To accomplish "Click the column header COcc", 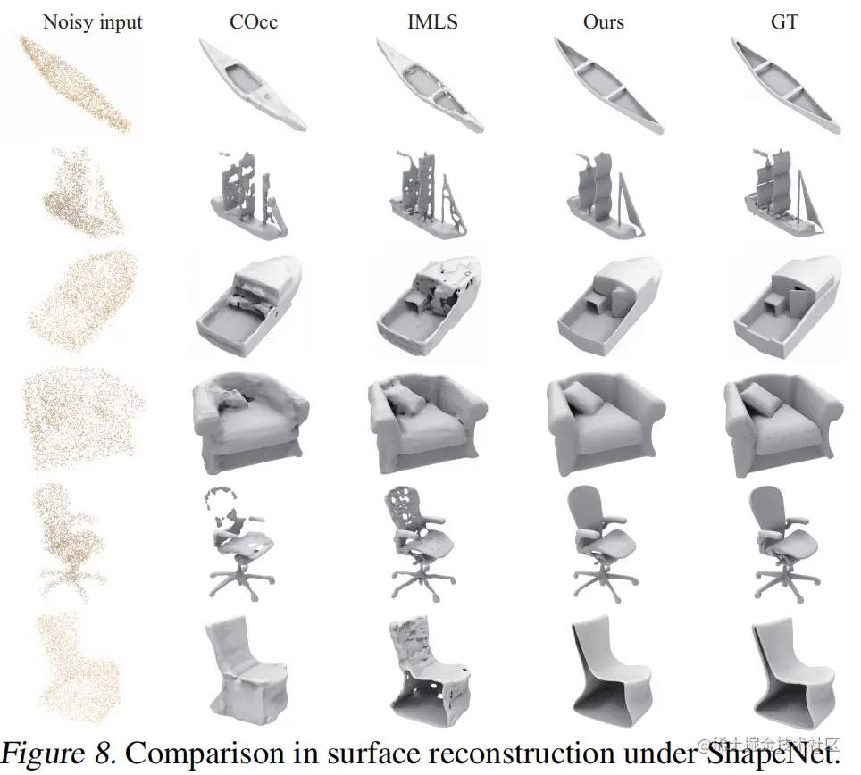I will point(253,21).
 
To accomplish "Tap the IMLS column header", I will point(432,21).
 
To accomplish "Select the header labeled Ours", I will point(604,21).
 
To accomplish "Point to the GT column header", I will point(784,21).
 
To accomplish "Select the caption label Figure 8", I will point(59,752).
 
